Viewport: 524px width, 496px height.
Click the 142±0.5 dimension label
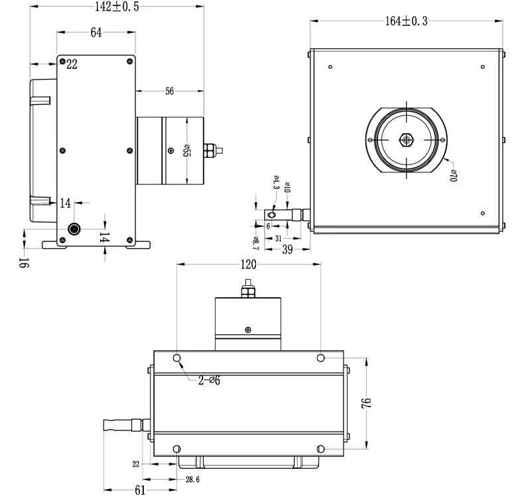click(x=117, y=7)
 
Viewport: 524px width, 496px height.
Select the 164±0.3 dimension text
click(x=407, y=21)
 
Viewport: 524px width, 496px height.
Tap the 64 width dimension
click(x=96, y=32)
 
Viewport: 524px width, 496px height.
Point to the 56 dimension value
click(x=170, y=92)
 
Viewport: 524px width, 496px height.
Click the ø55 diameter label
click(x=186, y=151)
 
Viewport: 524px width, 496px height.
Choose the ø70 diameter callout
click(x=453, y=175)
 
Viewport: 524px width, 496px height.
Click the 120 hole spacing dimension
click(x=248, y=265)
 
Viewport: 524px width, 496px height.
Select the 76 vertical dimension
click(x=366, y=403)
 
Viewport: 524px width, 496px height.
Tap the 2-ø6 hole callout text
click(x=209, y=381)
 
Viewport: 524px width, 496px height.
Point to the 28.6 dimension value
click(x=192, y=479)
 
